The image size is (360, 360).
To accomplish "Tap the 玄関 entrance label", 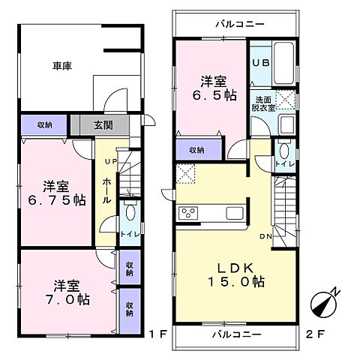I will [103, 125].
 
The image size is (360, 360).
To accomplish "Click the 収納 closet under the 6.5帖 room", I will [196, 150].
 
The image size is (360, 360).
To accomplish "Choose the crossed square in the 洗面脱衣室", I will [286, 99].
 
